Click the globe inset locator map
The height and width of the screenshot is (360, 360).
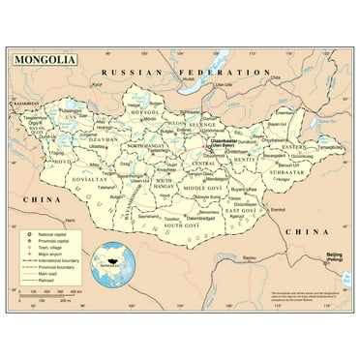click(108, 269)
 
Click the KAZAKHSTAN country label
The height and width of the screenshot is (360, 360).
click(22, 102)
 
